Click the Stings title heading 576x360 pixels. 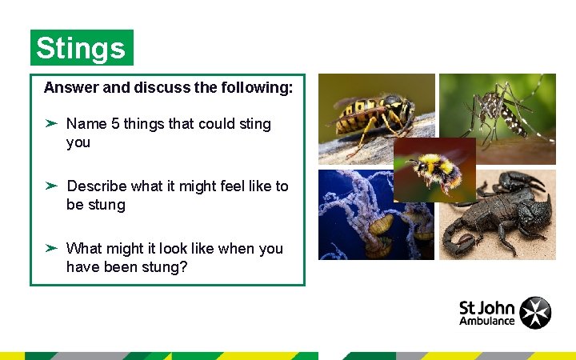tap(81, 49)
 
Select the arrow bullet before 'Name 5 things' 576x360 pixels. tap(50, 124)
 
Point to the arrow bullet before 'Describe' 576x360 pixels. tap(50, 186)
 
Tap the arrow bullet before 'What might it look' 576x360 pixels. tap(50, 249)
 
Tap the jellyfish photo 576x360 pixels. tap(360, 216)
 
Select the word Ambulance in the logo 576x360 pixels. tap(486, 322)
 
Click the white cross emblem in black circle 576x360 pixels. tap(535, 313)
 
